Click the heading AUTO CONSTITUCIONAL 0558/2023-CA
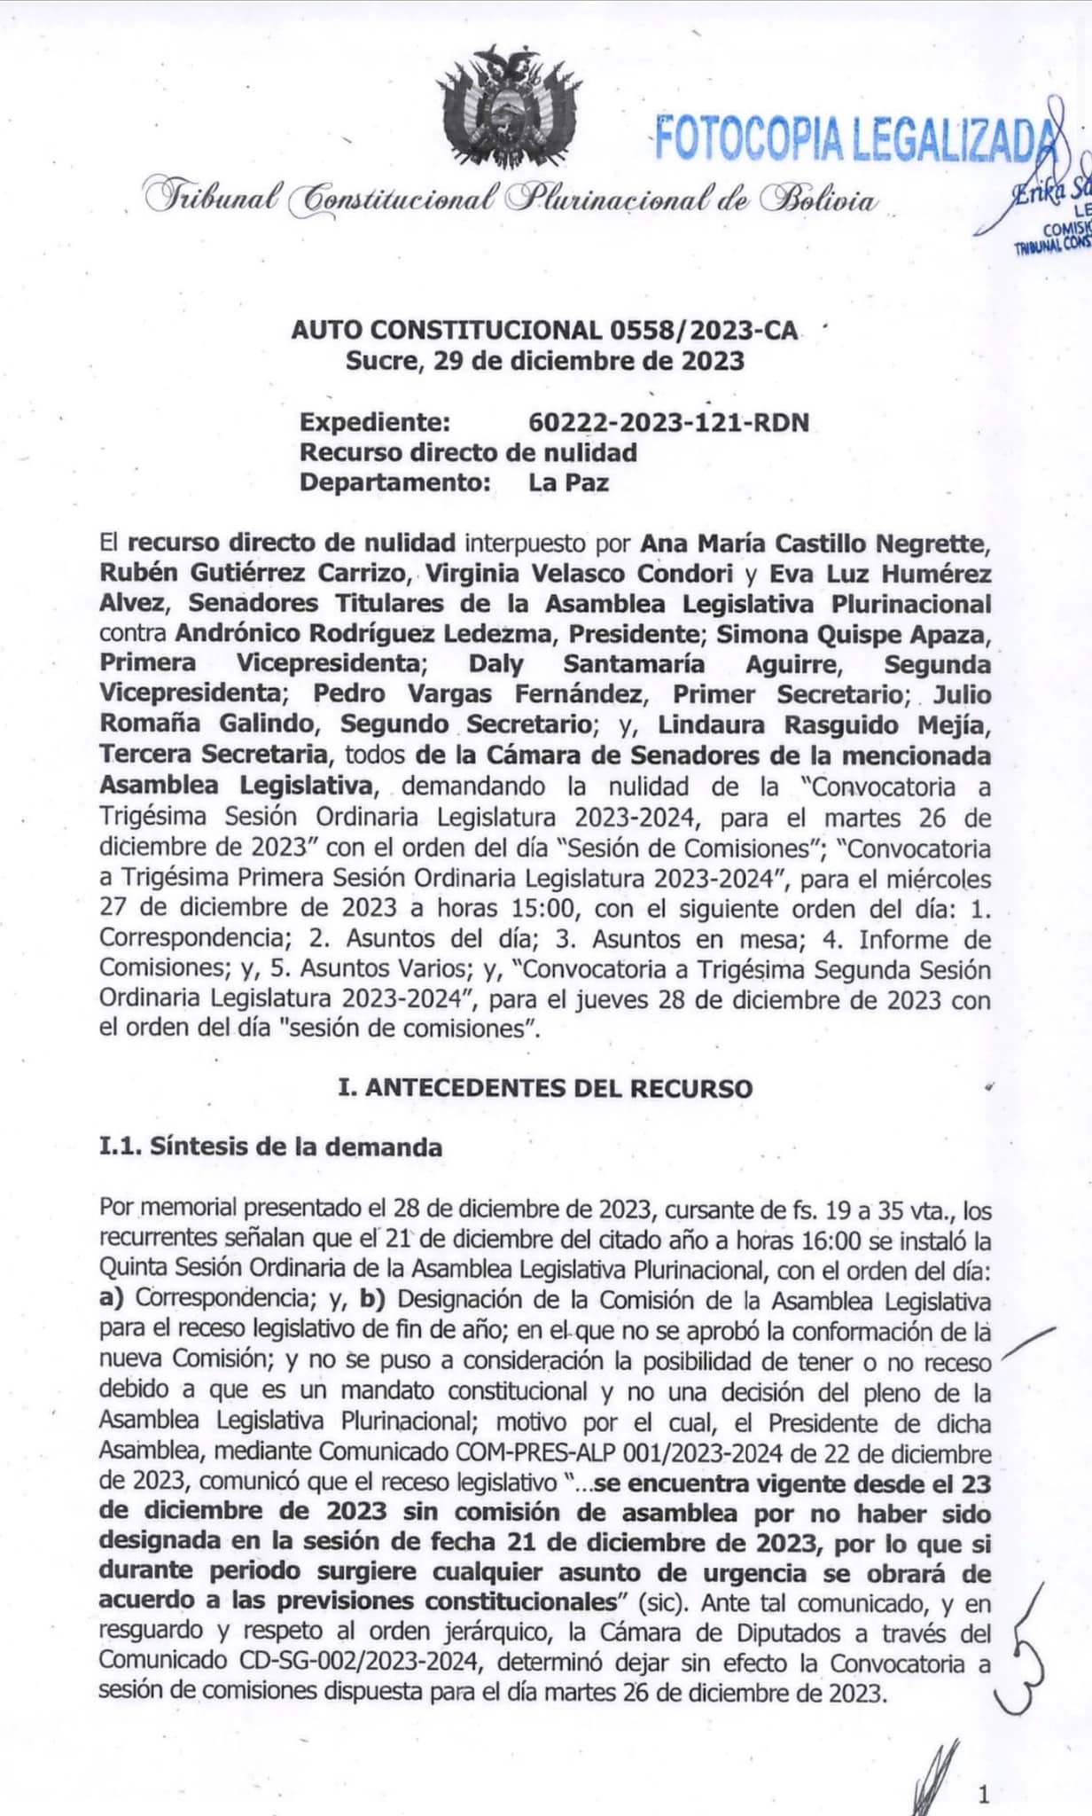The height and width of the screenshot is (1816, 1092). (544, 331)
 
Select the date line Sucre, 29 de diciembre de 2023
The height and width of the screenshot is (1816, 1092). (544, 361)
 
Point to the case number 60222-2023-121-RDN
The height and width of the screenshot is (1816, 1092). (668, 422)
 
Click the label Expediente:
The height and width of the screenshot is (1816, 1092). (375, 422)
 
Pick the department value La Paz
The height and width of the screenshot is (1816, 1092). (568, 482)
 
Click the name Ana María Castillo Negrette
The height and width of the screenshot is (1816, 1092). (815, 542)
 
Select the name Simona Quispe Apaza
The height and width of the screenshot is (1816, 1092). (850, 633)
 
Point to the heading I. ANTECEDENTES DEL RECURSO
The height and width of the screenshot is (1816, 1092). (545, 1088)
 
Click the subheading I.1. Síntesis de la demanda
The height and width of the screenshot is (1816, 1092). (270, 1147)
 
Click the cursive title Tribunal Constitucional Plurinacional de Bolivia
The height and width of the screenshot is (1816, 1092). (510, 198)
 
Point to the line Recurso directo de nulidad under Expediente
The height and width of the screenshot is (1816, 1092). (468, 452)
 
